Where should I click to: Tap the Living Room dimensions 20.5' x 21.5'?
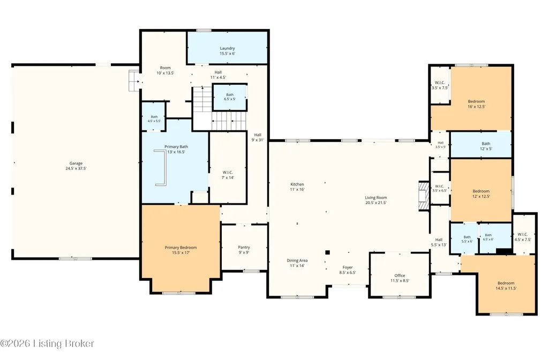[376, 202]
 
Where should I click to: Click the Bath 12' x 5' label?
[486, 146]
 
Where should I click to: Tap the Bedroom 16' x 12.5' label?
[477, 104]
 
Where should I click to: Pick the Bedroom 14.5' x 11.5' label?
[506, 286]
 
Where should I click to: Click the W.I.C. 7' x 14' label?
[228, 175]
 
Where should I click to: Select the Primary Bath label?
[176, 147]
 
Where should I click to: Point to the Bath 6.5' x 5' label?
[230, 96]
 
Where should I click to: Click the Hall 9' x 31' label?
[258, 137]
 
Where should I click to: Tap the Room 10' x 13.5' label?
[166, 70]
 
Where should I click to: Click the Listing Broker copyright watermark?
[47, 343]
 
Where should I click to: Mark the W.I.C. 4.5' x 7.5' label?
[522, 237]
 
